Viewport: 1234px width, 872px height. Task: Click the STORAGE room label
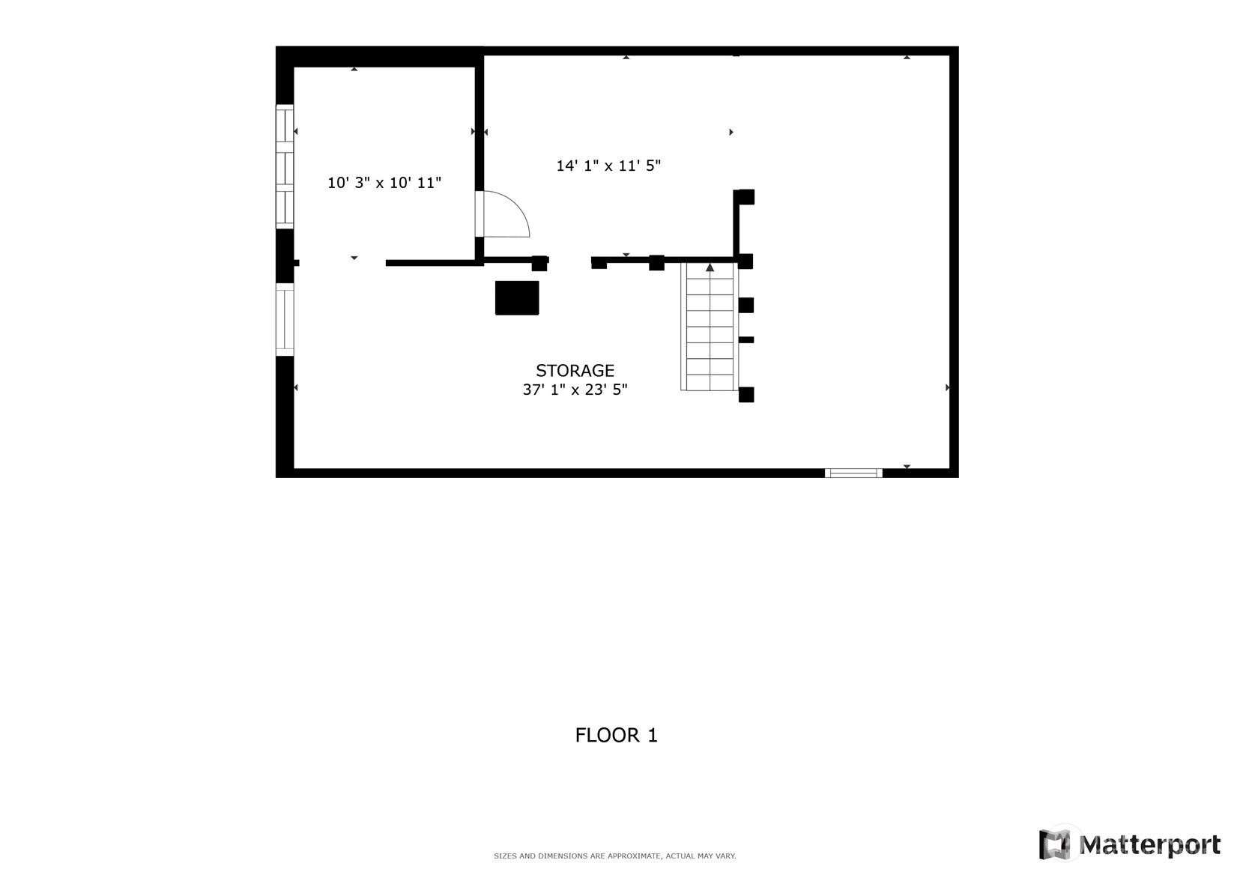click(575, 370)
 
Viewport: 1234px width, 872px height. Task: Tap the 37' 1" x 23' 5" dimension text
click(575, 390)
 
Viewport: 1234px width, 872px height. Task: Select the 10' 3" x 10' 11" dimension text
click(384, 182)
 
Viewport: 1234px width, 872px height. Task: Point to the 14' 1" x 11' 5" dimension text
click(608, 166)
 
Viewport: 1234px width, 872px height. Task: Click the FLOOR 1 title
click(617, 735)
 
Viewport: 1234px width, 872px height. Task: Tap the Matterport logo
click(1129, 844)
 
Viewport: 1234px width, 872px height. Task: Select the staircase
click(710, 327)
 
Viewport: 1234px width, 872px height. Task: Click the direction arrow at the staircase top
click(710, 267)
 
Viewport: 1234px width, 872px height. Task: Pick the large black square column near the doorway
click(517, 298)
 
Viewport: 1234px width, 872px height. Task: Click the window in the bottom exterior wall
click(853, 473)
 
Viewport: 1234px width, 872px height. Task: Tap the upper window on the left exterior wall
click(284, 166)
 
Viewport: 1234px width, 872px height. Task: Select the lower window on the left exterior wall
click(284, 319)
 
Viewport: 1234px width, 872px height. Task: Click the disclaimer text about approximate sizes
click(615, 856)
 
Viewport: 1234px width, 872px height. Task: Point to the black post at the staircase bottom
click(746, 394)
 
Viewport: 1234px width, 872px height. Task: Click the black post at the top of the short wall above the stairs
click(746, 197)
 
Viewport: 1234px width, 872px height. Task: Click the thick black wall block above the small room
click(380, 57)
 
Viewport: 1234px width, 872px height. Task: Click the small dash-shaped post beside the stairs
click(746, 340)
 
